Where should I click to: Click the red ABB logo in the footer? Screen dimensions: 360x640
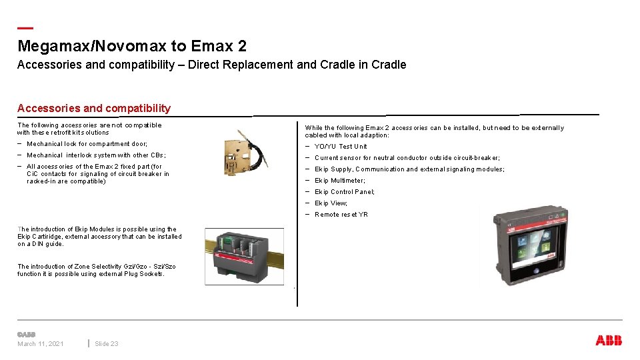pos(609,341)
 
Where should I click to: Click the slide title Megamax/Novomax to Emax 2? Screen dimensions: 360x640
pos(132,46)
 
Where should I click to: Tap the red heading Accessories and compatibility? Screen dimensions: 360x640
pos(94,108)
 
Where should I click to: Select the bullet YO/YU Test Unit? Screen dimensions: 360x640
pos(341,147)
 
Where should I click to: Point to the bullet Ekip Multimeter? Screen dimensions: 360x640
pos(339,181)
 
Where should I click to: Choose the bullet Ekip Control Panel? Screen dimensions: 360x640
pos(344,192)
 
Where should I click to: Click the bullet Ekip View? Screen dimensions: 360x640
pos(331,203)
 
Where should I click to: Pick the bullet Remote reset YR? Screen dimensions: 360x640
pos(341,215)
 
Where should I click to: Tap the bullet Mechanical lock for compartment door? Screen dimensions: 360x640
pos(87,144)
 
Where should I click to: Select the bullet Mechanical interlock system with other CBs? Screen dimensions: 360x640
pos(96,155)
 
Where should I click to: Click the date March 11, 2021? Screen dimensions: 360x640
pos(41,344)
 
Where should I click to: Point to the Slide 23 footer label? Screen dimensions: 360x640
pos(107,344)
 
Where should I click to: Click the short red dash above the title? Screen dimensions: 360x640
pos(25,28)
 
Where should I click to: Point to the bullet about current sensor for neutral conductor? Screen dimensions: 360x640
pos(407,158)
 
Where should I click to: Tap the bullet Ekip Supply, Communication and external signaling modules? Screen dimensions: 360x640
pos(409,169)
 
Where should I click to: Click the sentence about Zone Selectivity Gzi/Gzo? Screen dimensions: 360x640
pos(97,270)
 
